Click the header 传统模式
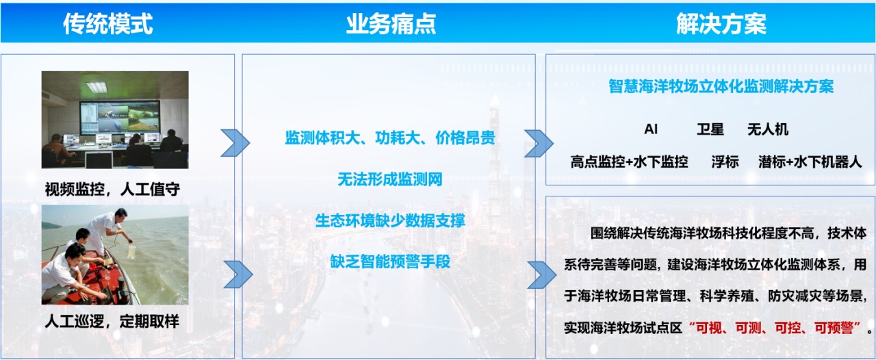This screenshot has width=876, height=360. tap(107, 24)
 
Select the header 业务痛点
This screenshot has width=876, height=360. tap(390, 24)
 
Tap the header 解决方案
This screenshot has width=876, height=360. tap(721, 24)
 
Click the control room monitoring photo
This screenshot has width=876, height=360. tap(115, 120)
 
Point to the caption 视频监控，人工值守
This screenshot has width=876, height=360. tap(112, 189)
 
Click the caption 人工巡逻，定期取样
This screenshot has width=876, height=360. tap(112, 321)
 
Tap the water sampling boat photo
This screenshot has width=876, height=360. tap(115, 255)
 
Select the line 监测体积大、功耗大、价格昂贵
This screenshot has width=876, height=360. tap(389, 138)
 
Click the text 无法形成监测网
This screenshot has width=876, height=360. tap(389, 179)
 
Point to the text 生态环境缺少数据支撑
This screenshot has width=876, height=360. tap(389, 220)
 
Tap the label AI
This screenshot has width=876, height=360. tap(651, 129)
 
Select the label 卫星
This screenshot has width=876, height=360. tap(710, 129)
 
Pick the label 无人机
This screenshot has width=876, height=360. tap(768, 129)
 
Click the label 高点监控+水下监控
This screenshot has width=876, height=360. tap(629, 162)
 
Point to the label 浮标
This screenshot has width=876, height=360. tap(725, 162)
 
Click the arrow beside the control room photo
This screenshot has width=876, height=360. tap(235, 142)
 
